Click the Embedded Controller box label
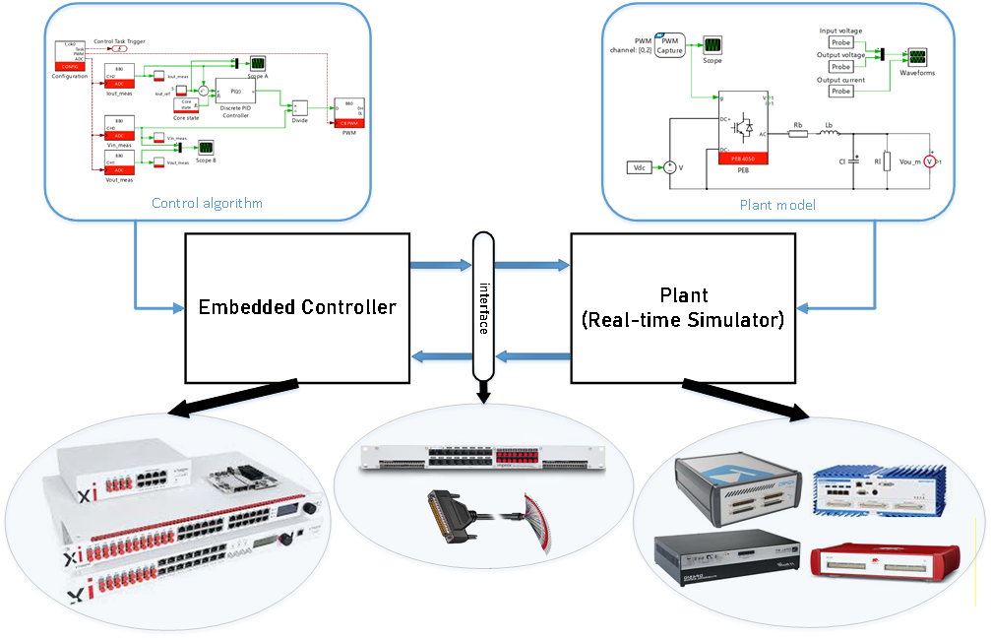[297, 307]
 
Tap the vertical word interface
[483, 307]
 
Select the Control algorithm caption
[208, 204]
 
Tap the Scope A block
[257, 62]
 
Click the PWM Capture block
[669, 45]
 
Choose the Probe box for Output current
[840, 91]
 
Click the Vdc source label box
[640, 167]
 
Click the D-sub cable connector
[449, 511]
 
